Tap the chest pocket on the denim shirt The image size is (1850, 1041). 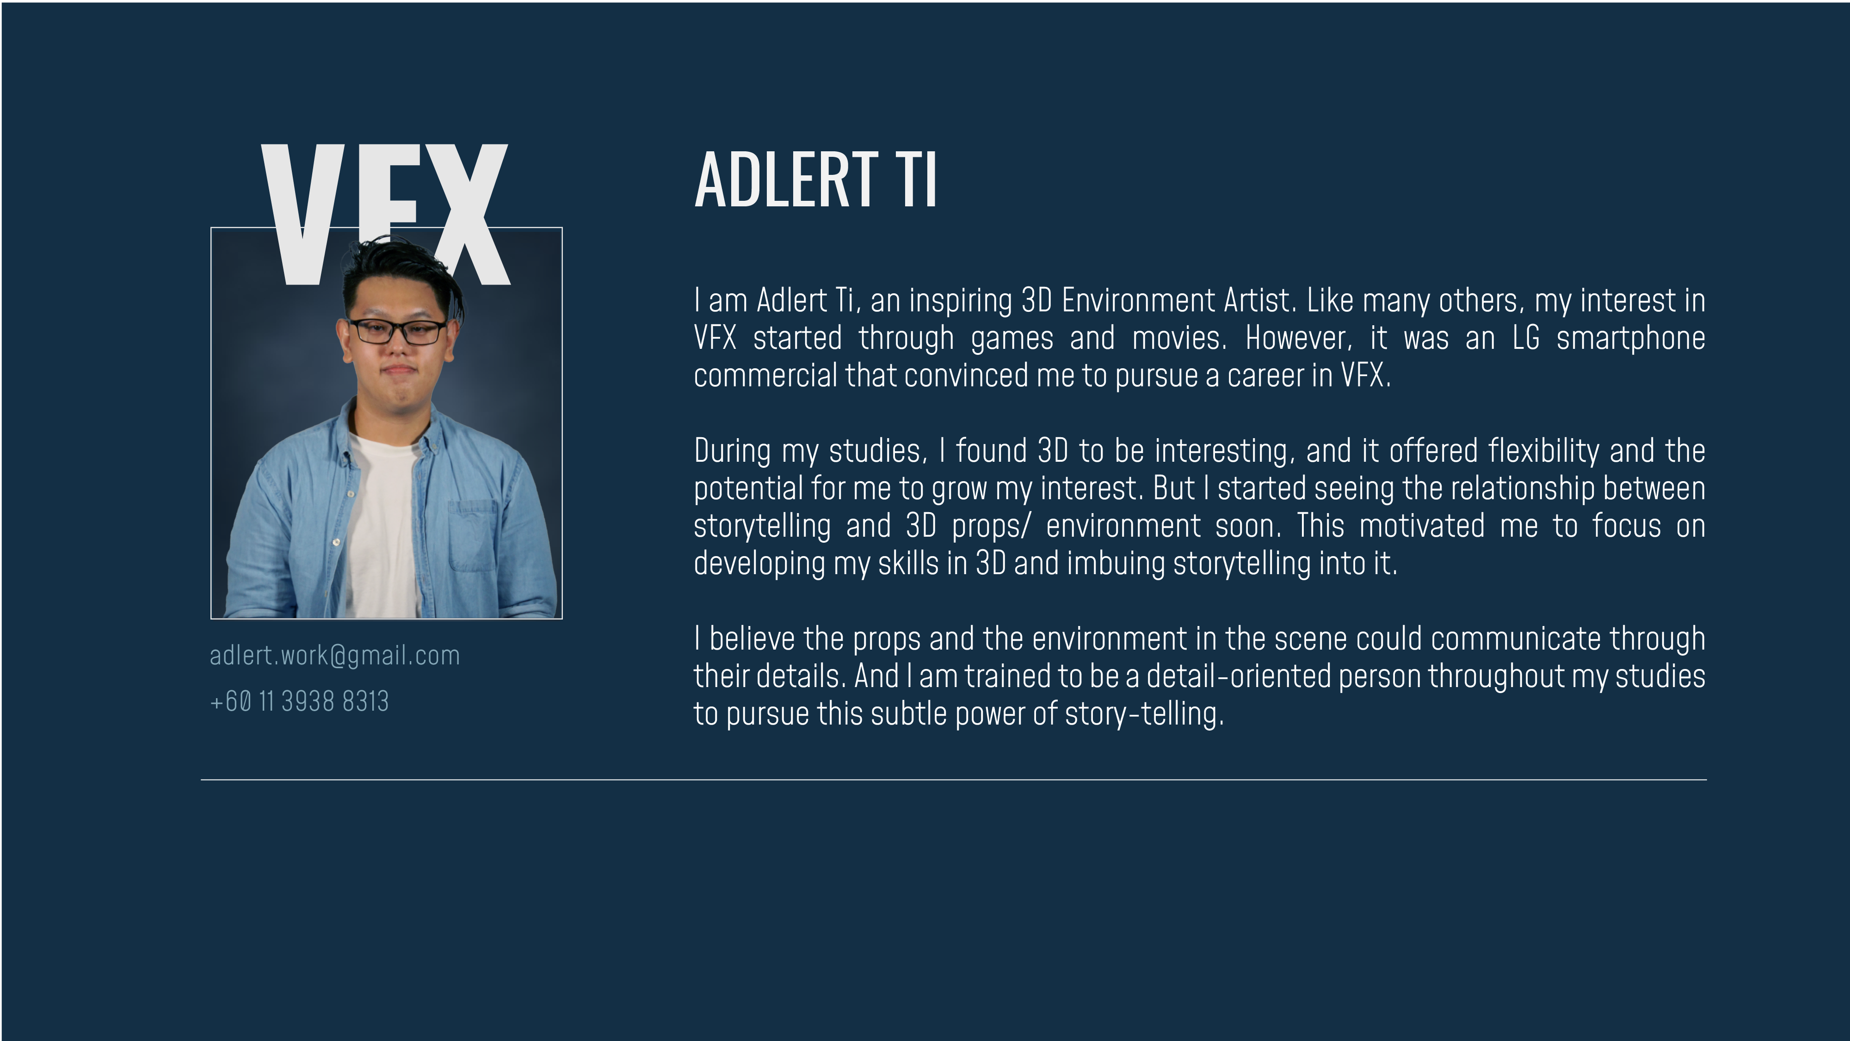pyautogui.click(x=473, y=536)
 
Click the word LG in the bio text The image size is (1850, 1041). pyautogui.click(x=1526, y=338)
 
